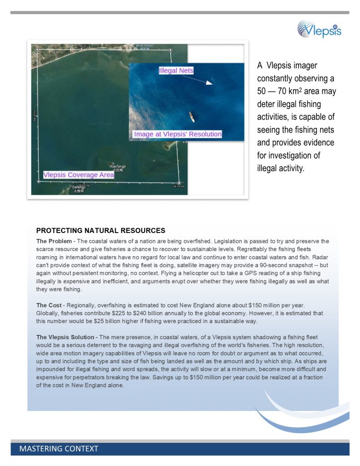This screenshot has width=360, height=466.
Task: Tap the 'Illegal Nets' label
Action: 176,71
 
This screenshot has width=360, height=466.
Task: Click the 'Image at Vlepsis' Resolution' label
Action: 177,134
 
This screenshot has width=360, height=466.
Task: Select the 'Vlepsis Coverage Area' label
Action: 78,175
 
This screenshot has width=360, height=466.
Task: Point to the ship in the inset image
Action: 192,116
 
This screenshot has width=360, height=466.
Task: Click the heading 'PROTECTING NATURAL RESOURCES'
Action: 101,231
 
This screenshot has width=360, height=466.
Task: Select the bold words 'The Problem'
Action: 54,241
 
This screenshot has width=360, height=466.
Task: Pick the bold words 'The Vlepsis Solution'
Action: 66,337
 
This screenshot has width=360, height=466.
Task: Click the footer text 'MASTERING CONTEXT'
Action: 59,449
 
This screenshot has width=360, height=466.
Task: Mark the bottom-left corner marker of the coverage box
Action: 38,181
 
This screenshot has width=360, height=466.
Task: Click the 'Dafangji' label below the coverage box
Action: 79,187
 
